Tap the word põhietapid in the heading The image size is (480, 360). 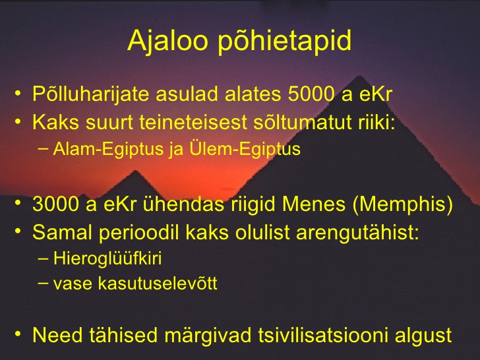tap(284, 42)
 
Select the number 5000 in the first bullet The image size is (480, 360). tap(311, 94)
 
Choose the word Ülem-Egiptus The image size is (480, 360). tap(245, 150)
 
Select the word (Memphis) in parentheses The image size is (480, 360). tap(403, 204)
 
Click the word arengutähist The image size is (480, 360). tap(357, 233)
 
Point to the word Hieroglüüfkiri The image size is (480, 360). tap(107, 258)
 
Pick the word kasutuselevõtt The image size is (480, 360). tap(158, 283)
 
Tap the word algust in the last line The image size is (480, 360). tap(423, 336)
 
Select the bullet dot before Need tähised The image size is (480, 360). tap(18, 334)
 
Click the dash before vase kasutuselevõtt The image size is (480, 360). tap(44, 283)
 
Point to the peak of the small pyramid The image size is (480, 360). tap(135, 171)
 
